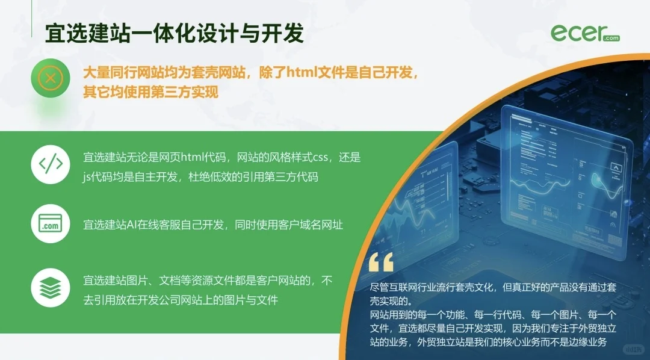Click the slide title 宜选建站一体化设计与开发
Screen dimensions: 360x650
coord(175,33)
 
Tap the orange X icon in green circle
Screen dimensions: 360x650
coord(51,78)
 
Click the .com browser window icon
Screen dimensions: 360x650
coord(51,225)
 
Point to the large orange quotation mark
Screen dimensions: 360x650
coord(381,262)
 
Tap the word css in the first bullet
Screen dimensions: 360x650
coord(319,158)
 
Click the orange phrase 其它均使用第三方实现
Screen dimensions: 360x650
coord(150,92)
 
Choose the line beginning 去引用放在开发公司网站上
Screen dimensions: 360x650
coord(181,299)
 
